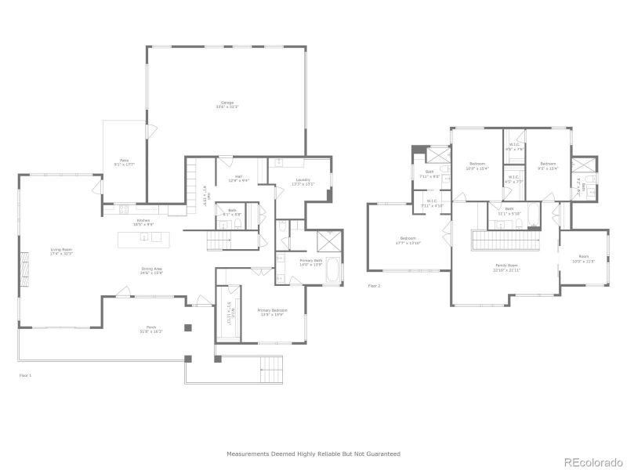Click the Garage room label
227,104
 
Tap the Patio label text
124,161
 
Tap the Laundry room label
303,182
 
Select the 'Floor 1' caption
26,376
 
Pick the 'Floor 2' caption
374,286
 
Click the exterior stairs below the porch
271,366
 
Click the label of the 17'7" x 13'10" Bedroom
409,240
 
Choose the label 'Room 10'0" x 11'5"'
584,259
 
